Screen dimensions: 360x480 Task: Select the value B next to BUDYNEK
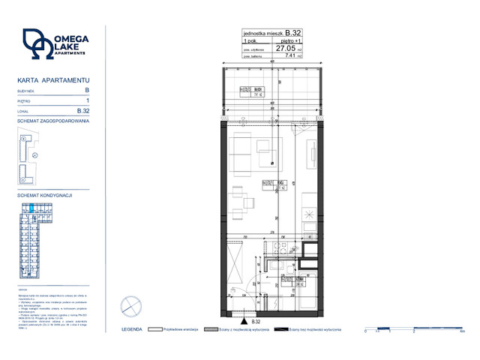[x=88, y=89]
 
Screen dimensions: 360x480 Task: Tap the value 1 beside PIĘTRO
[x=88, y=100]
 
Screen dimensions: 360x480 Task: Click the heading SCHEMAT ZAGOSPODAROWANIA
[x=53, y=120]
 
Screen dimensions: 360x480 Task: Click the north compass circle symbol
[x=131, y=307]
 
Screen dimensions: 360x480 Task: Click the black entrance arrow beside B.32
[x=244, y=322]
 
